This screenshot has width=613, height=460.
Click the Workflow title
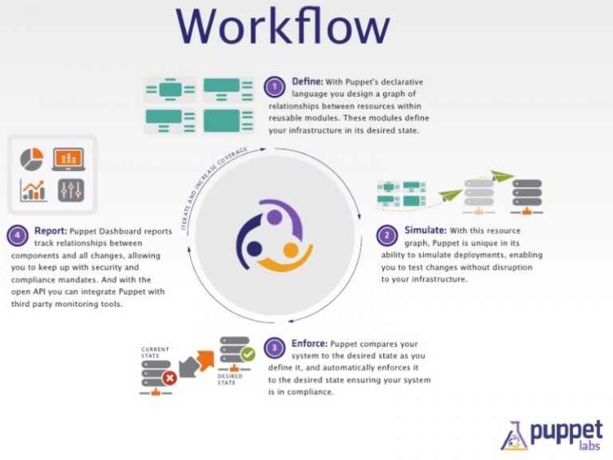click(x=283, y=26)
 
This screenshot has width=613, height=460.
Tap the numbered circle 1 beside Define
click(x=275, y=87)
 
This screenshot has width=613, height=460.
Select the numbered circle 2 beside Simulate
click(x=387, y=235)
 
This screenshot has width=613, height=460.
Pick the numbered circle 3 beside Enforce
click(x=275, y=347)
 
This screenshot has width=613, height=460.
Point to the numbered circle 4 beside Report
click(x=18, y=236)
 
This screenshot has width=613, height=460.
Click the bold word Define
click(x=307, y=81)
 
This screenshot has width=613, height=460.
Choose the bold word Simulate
click(x=425, y=230)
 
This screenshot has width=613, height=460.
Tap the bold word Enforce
click(x=309, y=343)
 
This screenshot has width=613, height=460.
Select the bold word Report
click(x=51, y=231)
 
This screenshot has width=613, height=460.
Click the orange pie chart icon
click(x=32, y=159)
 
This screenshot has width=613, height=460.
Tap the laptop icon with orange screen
click(x=69, y=159)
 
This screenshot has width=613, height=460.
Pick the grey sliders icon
click(x=71, y=191)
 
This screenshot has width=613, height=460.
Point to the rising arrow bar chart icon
click(x=34, y=191)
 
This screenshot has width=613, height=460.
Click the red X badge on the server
click(x=170, y=379)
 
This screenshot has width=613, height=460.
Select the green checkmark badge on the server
click(x=247, y=355)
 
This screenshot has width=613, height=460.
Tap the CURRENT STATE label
click(x=155, y=352)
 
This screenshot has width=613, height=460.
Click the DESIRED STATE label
click(x=230, y=379)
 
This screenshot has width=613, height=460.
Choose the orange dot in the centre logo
click(x=291, y=250)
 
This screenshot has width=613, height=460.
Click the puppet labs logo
click(x=552, y=435)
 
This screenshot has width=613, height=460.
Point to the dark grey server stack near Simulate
click(x=527, y=196)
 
